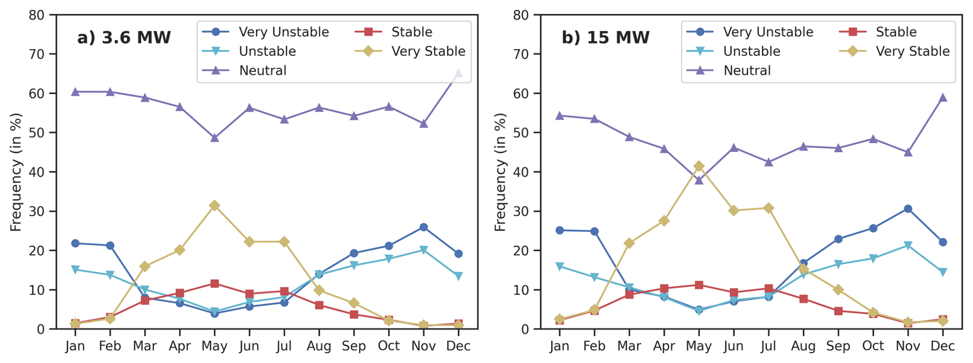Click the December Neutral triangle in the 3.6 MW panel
tap(458, 74)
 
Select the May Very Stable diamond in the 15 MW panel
tap(699, 166)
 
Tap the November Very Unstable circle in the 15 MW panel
tap(908, 209)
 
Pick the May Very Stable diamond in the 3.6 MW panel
tap(214, 205)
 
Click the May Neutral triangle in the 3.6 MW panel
tap(214, 138)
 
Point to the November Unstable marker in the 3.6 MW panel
tap(424, 250)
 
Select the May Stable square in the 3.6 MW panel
tap(214, 284)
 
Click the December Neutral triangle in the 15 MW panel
tap(943, 98)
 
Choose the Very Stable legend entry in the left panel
tap(428, 51)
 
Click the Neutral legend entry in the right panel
tap(747, 71)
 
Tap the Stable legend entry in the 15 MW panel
tap(896, 32)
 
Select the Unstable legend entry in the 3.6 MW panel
tap(267, 51)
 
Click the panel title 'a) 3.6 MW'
tap(124, 38)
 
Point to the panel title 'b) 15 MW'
tap(605, 38)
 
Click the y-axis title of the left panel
tap(16, 172)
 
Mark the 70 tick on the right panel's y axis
tap(521, 54)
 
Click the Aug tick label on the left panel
tap(319, 346)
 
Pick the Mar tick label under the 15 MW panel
tap(629, 346)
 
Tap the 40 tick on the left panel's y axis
tap(37, 172)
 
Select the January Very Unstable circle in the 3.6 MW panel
tap(75, 243)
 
